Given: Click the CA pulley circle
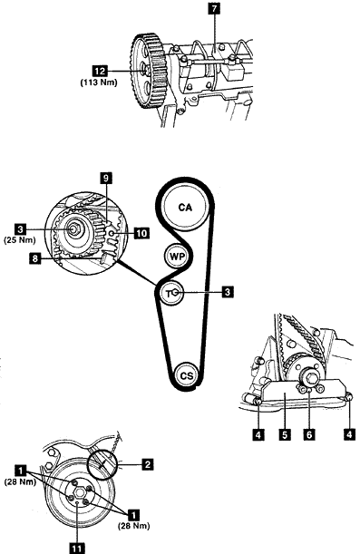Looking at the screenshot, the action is pos(185,207).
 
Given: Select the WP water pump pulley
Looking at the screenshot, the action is pos(177,257).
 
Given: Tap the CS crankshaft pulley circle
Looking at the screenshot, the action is pos(186,375).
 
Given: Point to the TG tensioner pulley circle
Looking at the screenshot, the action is pos(172,293).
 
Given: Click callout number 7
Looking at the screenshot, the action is pos(214,9).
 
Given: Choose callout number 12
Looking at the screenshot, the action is pos(101,71).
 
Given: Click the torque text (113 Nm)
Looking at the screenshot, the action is pos(99,83).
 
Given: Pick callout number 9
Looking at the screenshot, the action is pos(105,178).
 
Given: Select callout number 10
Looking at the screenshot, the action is pos(141,233).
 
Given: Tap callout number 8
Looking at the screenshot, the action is pos(34,259).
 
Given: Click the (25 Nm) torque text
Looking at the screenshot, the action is pos(20,240).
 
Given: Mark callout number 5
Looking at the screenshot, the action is pos(285,434).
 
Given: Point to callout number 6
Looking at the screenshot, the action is pos(309,434).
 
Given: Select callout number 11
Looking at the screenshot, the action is pos(77,549).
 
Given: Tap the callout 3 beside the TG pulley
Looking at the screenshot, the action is pos(228,292).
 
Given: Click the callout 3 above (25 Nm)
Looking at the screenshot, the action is pos(20,229).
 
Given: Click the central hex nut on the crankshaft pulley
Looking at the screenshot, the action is pos(79,492).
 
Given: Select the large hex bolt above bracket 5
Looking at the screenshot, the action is pos(310,379).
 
